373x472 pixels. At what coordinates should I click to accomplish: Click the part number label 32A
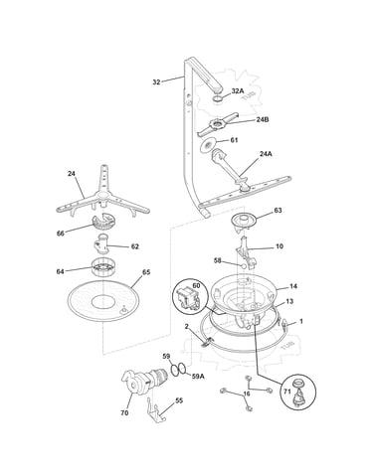pyautogui.click(x=238, y=91)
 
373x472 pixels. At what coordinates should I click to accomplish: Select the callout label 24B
pyautogui.click(x=263, y=119)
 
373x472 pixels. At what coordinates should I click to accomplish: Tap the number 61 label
pyautogui.click(x=234, y=140)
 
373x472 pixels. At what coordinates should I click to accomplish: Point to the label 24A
pyautogui.click(x=266, y=154)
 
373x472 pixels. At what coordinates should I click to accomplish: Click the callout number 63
pyautogui.click(x=278, y=211)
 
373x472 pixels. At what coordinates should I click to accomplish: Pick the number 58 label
pyautogui.click(x=218, y=260)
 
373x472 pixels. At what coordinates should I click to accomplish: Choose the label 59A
pyautogui.click(x=198, y=377)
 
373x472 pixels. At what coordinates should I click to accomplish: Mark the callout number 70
pyautogui.click(x=124, y=413)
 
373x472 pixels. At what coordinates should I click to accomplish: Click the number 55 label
pyautogui.click(x=179, y=400)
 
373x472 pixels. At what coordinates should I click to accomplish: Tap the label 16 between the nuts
pyautogui.click(x=247, y=393)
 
